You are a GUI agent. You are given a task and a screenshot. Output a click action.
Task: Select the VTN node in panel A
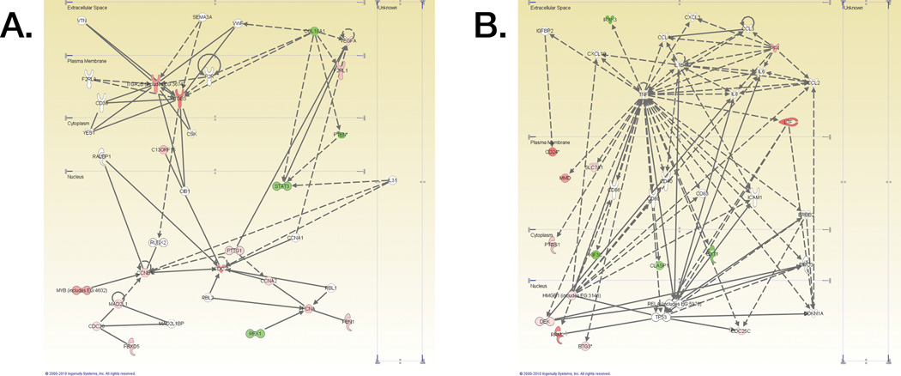[82, 20]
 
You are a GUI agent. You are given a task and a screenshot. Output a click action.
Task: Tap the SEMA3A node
[203, 17]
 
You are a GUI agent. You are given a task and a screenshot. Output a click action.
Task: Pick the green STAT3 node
[281, 186]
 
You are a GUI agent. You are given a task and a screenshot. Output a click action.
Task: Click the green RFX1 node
[255, 333]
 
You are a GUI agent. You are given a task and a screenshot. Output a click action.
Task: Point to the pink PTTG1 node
[234, 251]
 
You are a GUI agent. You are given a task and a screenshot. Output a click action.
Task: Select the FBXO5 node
[131, 346]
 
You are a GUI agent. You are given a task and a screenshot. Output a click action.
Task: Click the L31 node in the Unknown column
[393, 180]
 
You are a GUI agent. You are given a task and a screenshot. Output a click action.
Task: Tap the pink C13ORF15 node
[164, 150]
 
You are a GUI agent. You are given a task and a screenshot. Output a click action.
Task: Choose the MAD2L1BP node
[172, 324]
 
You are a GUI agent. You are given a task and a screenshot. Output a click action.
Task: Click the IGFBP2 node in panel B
[545, 31]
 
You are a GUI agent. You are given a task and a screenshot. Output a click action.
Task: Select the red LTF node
[789, 123]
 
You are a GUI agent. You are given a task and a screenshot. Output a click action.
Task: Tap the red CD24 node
[553, 152]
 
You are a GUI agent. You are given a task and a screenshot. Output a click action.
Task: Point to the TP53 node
[660, 317]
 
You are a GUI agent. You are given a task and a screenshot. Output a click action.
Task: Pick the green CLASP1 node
[658, 265]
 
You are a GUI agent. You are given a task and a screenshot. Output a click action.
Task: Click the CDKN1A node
[813, 313]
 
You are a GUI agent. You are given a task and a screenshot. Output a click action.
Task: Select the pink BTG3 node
[585, 346]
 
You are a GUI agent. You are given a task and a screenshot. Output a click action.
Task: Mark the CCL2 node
[811, 83]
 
